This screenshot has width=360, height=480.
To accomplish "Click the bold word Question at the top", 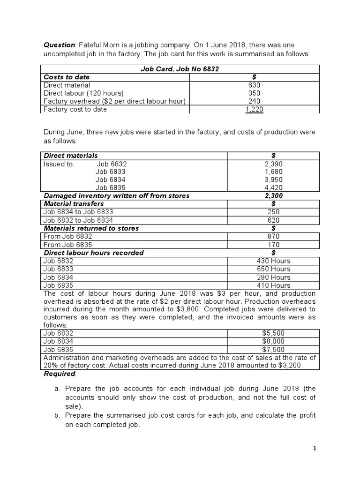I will tap(59, 45).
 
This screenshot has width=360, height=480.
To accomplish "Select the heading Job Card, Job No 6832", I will tap(180, 69).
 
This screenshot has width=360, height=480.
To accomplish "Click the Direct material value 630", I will tap(254, 85).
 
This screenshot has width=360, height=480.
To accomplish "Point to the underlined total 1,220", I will tap(254, 109).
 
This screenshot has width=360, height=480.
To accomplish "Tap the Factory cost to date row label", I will tap(75, 109).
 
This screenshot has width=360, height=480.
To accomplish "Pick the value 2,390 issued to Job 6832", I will tap(273, 164).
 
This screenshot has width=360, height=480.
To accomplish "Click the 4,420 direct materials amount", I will tap(273, 188).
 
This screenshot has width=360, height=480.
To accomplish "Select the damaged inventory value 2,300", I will tap(273, 196).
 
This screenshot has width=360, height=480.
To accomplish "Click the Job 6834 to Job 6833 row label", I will tap(78, 212).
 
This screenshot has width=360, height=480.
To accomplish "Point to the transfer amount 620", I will tap(273, 220).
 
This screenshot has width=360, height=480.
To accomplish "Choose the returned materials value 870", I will tap(273, 237).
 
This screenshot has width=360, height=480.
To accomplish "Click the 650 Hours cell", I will tap(273, 269).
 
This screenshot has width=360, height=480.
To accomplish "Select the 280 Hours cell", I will tap(273, 277).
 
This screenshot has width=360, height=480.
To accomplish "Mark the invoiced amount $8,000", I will tap(273, 341).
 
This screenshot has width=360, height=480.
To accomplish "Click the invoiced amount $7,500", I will tap(273, 350).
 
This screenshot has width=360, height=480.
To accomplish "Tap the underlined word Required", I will tap(60, 374).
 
